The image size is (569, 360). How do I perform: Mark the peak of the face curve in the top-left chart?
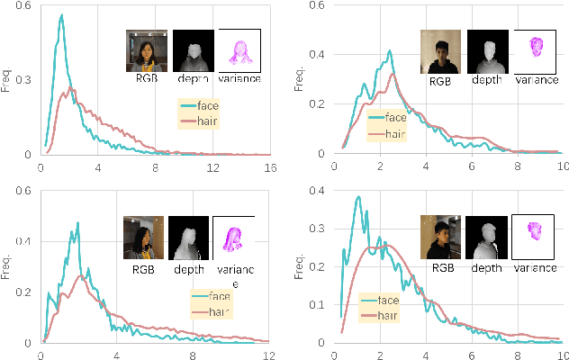coord(61,15)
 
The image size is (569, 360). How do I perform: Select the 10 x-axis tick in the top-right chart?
coord(562,167)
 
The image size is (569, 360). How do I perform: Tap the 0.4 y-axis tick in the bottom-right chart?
coord(320,191)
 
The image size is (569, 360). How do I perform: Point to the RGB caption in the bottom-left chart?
coord(144,266)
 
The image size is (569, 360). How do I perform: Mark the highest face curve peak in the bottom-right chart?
coord(358,197)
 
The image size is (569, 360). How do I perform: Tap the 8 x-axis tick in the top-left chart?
coord(156,167)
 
